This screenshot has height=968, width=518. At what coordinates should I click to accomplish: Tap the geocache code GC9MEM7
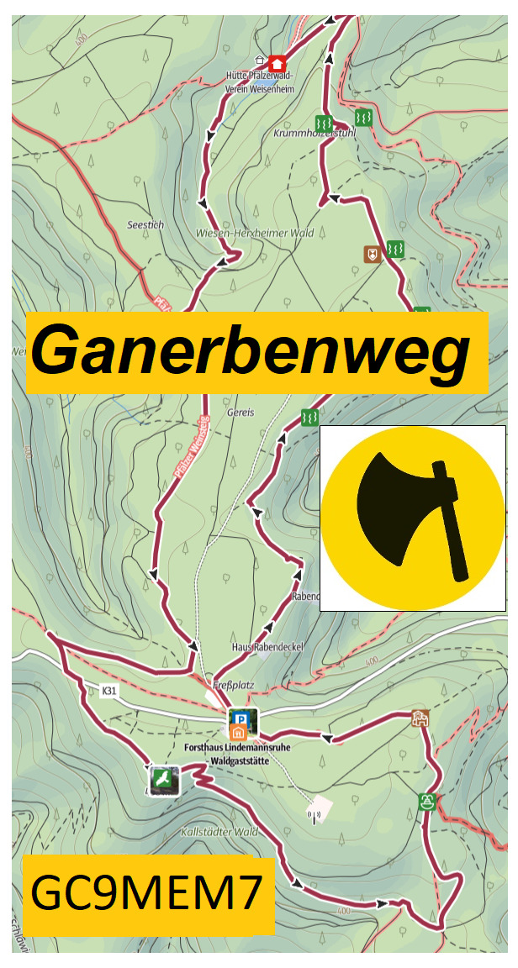147,894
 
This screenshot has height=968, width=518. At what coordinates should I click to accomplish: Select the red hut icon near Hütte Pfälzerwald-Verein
277,62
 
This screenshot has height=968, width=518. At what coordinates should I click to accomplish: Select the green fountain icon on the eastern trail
427,801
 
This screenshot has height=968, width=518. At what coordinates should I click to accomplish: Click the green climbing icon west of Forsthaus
163,780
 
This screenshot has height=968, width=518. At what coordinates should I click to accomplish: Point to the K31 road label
108,691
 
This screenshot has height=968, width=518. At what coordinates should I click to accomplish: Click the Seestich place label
145,225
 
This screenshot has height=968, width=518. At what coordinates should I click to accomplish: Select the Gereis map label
239,414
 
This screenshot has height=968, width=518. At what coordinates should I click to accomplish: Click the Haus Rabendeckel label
267,647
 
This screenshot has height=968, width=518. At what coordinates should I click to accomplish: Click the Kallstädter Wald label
219,832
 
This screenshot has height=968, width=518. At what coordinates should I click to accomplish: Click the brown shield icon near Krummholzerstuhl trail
371,253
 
